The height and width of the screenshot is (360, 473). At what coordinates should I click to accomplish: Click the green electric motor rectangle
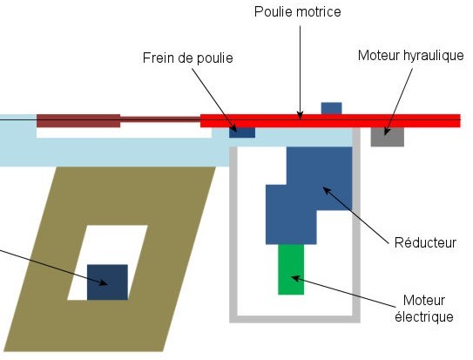[291, 268]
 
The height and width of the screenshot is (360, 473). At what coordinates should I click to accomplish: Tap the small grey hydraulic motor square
[387, 137]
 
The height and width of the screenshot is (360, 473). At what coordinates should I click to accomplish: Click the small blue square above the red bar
[331, 108]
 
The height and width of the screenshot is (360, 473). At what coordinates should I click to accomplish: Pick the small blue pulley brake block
[242, 132]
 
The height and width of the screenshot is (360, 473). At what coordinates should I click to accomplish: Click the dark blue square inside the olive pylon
[107, 282]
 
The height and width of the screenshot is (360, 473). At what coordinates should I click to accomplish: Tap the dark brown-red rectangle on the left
[78, 120]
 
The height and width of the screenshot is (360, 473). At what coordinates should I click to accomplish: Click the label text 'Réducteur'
[425, 243]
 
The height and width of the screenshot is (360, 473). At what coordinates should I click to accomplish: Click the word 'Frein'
[159, 58]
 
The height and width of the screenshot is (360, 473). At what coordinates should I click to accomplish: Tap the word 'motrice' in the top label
[318, 12]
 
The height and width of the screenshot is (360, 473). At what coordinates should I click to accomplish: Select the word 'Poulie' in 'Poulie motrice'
[273, 12]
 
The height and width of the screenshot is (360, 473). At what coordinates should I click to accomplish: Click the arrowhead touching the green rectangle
[294, 278]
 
